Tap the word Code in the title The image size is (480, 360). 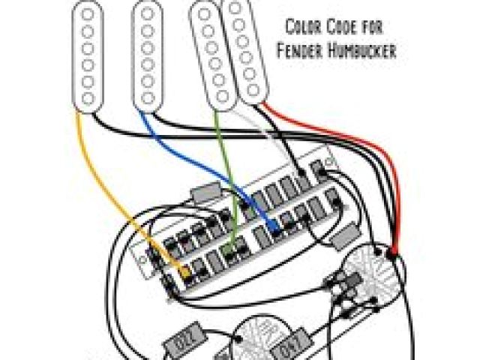(340, 28)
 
